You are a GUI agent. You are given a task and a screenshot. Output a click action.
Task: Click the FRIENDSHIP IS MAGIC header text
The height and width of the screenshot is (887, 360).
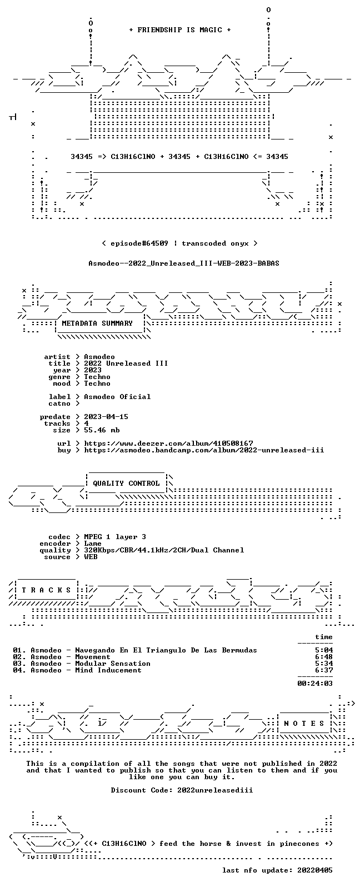[x=180, y=30]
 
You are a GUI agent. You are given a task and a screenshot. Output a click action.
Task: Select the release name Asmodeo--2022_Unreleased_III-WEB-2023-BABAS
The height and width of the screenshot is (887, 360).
[x=184, y=263]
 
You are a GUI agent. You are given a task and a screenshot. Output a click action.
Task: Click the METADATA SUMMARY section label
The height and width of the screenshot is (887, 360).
[x=97, y=323]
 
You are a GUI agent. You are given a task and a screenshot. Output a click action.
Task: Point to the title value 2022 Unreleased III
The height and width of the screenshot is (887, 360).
[x=126, y=363]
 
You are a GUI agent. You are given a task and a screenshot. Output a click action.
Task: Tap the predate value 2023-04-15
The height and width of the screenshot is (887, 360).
[x=106, y=417]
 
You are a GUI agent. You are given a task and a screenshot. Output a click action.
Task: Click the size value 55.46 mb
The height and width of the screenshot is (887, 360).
[x=102, y=430]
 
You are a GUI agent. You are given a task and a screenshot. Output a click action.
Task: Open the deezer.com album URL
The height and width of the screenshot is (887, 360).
[x=169, y=443]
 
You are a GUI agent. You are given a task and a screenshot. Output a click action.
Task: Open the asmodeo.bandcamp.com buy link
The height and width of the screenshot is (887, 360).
[x=204, y=450]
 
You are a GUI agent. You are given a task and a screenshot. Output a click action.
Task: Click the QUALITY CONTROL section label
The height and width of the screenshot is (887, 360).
[x=126, y=484]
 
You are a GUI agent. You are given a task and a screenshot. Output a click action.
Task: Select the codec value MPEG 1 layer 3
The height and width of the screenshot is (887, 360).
[x=115, y=537]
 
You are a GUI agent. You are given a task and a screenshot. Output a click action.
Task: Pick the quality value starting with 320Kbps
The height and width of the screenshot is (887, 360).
[x=164, y=550]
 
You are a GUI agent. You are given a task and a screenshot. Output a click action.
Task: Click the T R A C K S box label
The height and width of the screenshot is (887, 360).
[x=46, y=590]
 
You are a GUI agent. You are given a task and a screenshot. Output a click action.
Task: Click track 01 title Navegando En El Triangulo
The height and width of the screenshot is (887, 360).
[x=166, y=650]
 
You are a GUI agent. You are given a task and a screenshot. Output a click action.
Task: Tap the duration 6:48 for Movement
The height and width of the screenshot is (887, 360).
[x=324, y=657]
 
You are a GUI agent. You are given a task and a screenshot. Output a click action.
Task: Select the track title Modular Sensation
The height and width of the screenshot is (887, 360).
[x=113, y=664]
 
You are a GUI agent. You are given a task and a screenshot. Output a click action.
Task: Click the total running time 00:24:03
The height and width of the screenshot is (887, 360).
[x=315, y=684]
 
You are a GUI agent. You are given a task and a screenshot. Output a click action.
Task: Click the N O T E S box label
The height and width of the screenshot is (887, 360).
[x=304, y=724]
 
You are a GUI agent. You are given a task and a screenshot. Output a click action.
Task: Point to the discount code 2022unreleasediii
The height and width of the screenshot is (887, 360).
[x=215, y=790]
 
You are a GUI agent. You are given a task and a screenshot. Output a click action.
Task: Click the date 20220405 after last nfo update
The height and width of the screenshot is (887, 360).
[x=315, y=870]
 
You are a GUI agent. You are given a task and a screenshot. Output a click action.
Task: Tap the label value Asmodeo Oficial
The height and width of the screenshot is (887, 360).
[x=117, y=397]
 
